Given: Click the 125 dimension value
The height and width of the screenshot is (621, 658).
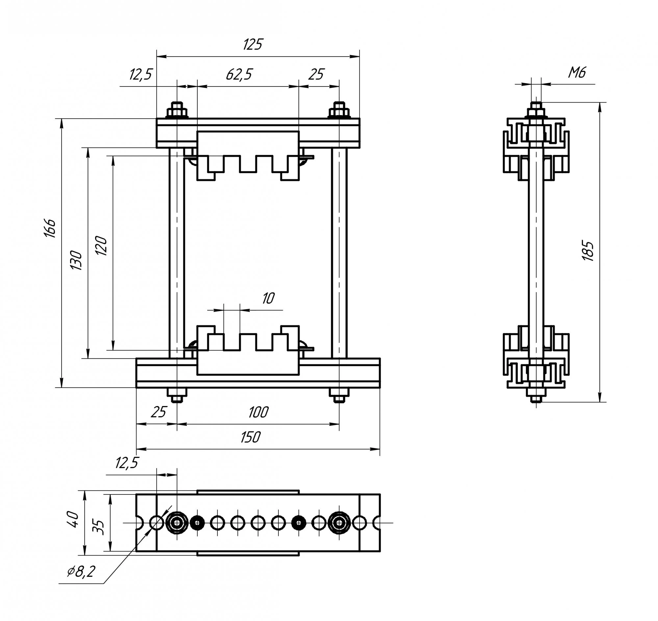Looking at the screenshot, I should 253,44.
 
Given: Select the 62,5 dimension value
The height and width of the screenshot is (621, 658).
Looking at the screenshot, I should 239,75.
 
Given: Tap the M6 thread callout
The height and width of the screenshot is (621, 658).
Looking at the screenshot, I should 577,72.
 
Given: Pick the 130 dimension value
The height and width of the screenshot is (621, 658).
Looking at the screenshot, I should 77,260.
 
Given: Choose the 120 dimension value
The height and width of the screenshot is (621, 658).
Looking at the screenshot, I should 101,246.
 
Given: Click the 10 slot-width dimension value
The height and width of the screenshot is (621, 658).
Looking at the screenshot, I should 268,299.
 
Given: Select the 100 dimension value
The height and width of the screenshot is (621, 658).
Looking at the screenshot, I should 258,413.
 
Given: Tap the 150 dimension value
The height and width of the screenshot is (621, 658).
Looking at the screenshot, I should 250,437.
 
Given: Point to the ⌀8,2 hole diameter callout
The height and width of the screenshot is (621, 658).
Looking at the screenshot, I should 81,572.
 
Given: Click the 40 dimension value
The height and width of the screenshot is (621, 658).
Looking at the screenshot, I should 73,519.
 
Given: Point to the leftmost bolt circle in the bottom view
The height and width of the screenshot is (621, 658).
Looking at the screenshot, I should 177,523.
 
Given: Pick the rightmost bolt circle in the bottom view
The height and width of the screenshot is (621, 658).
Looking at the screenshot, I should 339,523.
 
